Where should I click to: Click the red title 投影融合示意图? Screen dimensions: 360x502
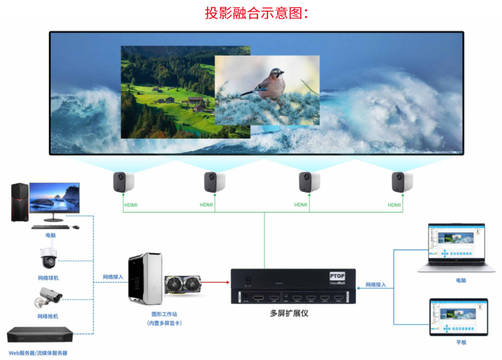[x=257, y=13]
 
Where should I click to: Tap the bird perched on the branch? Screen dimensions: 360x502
[x=269, y=84]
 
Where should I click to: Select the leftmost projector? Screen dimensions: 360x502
[x=123, y=182]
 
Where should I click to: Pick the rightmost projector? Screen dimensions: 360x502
[x=402, y=182]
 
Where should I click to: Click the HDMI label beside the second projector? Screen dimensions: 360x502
[x=206, y=205]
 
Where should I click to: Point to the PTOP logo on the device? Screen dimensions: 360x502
[x=337, y=276]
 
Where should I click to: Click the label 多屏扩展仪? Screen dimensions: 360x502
[x=289, y=313]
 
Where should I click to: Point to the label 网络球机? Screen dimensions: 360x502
[x=48, y=278]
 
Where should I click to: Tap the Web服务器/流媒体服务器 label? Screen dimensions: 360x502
[x=38, y=353]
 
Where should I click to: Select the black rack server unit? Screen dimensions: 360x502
[x=40, y=335]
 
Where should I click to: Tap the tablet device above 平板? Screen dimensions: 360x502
[x=458, y=317]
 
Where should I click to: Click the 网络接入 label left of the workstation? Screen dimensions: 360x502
[x=113, y=277]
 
